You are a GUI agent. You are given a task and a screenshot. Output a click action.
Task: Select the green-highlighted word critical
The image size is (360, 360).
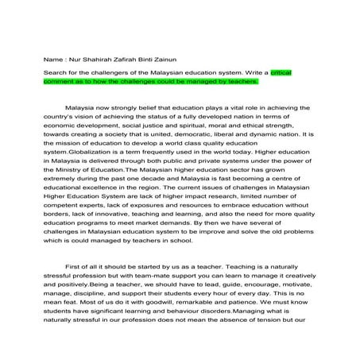tap(281, 72)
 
